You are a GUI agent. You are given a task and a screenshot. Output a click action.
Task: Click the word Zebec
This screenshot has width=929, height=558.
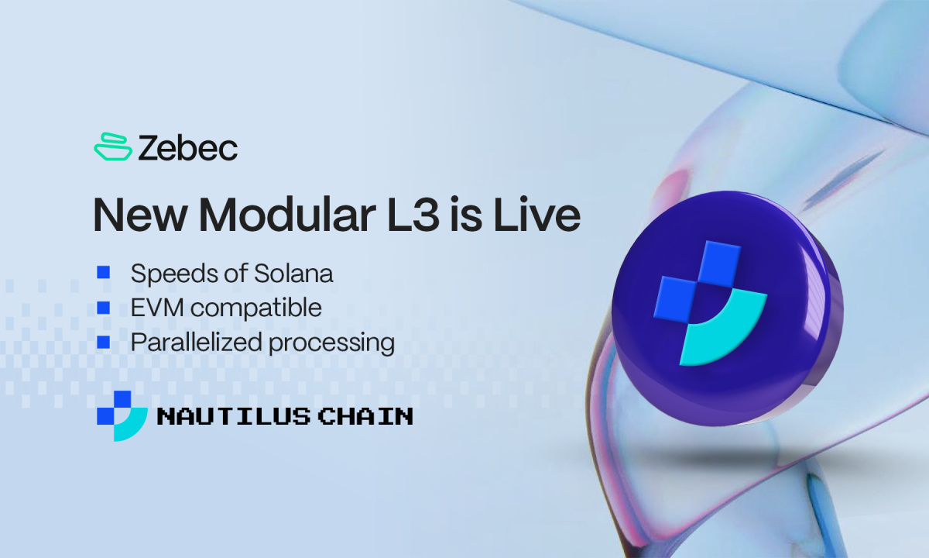click(x=188, y=147)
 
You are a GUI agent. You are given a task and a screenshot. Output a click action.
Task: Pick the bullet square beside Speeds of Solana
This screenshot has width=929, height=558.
click(x=103, y=272)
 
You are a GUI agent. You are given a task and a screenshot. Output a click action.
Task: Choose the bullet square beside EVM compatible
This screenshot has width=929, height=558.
click(x=103, y=307)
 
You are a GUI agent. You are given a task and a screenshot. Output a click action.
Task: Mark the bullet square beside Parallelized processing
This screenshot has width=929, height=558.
click(x=103, y=341)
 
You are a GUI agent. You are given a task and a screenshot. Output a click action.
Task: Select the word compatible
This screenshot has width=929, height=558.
click(x=256, y=308)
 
